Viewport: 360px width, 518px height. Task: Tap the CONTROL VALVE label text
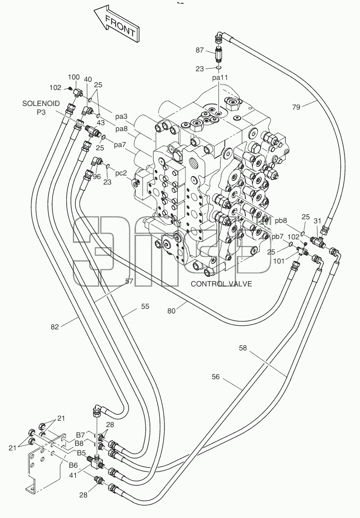[221, 284]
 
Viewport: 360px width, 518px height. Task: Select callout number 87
[200, 50]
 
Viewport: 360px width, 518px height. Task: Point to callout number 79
[296, 107]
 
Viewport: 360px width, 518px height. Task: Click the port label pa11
[220, 78]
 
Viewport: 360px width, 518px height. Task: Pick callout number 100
[74, 77]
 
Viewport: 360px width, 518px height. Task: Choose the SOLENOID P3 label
[41, 108]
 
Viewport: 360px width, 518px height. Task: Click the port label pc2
[121, 173]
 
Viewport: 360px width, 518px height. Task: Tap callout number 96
[97, 177]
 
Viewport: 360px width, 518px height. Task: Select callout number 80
[171, 311]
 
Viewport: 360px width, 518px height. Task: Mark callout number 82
[54, 327]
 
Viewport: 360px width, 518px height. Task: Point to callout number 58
[243, 348]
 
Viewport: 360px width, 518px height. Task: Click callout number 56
[215, 376]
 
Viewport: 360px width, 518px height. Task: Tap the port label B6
[73, 465]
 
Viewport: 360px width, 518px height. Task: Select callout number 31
[318, 221]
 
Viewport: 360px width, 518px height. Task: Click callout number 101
[279, 261]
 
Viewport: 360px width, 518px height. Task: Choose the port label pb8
[281, 220]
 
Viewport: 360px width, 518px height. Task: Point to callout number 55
[145, 306]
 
